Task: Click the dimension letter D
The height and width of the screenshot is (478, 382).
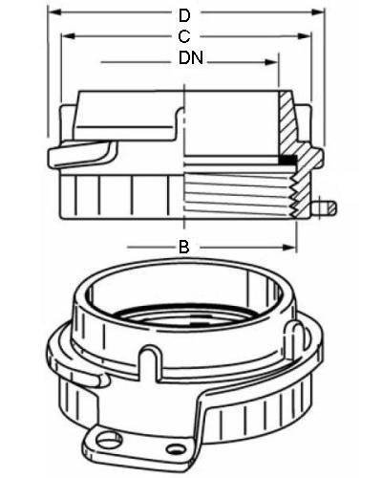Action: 184,15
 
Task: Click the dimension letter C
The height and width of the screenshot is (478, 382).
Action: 184,36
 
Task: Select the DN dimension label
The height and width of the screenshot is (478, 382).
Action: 191,57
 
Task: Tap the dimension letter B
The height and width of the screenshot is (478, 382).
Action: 184,247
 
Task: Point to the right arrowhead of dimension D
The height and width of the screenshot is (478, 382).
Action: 318,12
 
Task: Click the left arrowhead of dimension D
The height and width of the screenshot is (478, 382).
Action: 54,12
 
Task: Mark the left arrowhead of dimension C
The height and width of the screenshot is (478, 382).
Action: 68,36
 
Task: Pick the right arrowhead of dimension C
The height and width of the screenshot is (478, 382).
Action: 304,36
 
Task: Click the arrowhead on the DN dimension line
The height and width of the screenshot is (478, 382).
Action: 272,62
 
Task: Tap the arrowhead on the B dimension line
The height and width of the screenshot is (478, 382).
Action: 289,247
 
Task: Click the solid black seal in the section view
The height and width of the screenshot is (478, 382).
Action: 287,160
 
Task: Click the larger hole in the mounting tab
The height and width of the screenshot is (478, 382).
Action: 109,439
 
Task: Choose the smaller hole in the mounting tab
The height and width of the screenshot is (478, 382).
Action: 176,449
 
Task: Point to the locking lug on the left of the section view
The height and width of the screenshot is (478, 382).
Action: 82,154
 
